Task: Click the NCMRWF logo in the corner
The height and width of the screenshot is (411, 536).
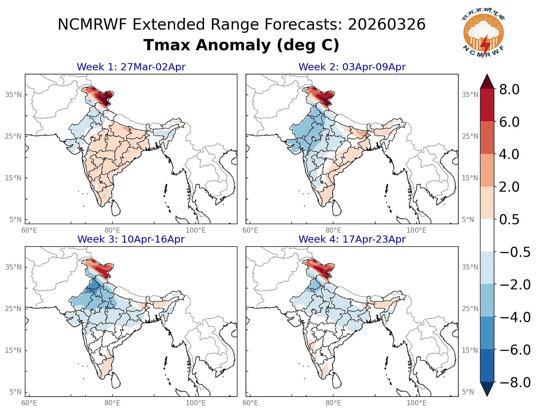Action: click(x=483, y=35)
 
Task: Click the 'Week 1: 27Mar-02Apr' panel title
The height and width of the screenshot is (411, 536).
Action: click(x=131, y=67)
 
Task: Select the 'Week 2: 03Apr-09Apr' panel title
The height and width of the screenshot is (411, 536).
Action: click(x=352, y=67)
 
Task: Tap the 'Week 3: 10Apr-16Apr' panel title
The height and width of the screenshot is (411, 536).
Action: click(x=131, y=239)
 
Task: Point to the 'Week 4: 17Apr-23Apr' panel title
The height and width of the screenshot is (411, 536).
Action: click(x=352, y=239)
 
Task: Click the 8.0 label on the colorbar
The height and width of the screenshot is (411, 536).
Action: click(x=509, y=89)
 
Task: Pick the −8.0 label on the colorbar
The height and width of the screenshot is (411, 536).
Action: click(x=515, y=382)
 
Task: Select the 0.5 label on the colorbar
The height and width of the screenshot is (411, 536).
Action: click(x=509, y=219)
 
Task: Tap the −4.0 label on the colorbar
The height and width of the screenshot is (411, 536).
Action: click(x=515, y=317)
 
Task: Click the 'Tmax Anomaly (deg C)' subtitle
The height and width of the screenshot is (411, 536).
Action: click(x=241, y=45)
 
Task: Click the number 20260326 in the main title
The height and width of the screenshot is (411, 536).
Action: click(x=387, y=25)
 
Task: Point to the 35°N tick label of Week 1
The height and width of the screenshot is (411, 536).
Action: click(x=13, y=95)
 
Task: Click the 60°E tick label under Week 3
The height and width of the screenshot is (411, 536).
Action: click(x=29, y=403)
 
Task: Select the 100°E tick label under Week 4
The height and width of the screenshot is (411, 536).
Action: click(x=416, y=403)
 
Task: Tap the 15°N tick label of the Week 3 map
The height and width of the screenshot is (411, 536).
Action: click(x=13, y=350)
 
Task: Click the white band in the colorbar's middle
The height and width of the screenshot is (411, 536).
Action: click(x=487, y=236)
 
